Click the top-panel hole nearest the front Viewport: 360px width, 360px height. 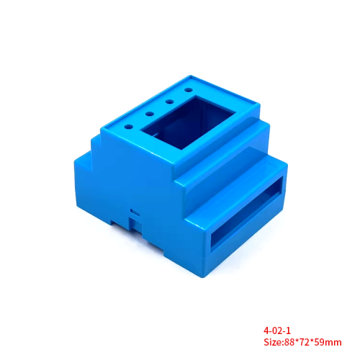click(x=129, y=125)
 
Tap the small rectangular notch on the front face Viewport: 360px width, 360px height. click(x=133, y=212)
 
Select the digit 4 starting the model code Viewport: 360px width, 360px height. click(x=267, y=330)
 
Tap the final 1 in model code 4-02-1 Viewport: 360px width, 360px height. click(x=289, y=330)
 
